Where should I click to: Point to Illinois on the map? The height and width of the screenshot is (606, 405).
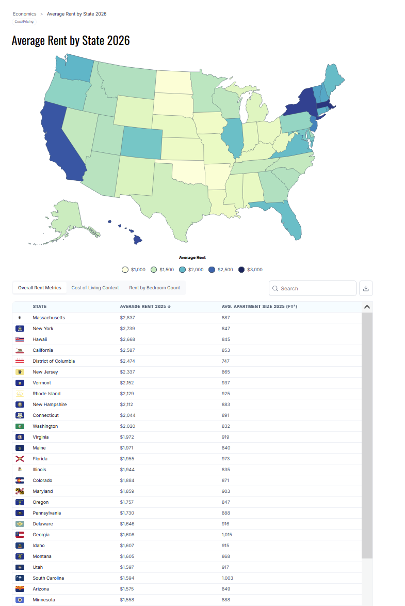tap(233, 137)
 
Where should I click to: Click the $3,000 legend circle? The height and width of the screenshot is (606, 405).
tap(241, 270)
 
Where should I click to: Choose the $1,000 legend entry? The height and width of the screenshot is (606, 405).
tap(125, 270)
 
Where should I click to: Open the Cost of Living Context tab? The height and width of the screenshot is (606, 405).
tap(95, 288)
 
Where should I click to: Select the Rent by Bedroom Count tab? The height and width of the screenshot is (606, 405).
tap(154, 288)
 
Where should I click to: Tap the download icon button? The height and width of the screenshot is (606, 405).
tap(366, 288)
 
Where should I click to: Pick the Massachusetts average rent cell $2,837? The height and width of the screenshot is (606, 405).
tap(128, 318)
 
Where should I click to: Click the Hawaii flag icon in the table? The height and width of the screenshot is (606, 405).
tap(20, 339)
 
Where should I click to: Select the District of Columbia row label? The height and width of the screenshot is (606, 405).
tap(54, 361)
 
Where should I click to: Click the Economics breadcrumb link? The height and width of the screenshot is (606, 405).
tap(25, 14)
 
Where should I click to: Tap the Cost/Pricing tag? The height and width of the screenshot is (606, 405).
tap(24, 22)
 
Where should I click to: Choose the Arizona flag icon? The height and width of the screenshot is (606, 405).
tap(20, 589)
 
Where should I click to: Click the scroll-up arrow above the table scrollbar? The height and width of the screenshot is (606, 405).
tap(367, 307)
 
